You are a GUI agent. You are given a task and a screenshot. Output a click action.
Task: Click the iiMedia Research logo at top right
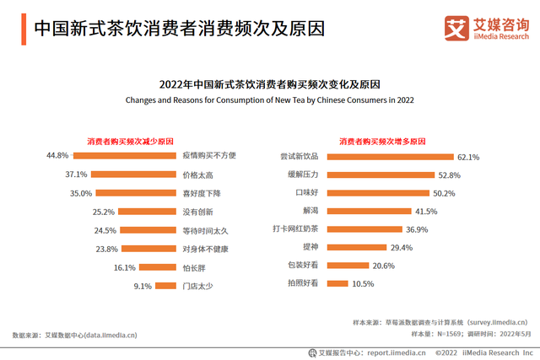point(486,27)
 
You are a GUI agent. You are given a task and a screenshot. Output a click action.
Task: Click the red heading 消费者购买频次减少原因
point(131,141)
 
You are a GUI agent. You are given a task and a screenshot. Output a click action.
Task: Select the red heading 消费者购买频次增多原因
point(381,141)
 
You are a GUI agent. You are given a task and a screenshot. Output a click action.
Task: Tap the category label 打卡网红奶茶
point(295,229)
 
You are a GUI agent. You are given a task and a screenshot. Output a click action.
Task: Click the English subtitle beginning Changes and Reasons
point(269,100)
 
